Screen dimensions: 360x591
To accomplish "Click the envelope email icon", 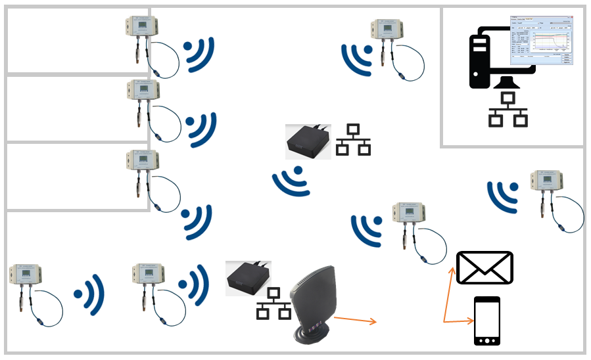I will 485,267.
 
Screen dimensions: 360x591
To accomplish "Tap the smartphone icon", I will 486,321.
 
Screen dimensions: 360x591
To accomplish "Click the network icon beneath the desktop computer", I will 508,110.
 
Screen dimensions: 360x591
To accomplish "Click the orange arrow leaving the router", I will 355,320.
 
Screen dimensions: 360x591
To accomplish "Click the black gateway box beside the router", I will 248,277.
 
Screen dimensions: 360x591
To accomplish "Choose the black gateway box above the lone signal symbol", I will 308,142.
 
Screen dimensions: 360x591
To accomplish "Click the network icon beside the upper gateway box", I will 353,139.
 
